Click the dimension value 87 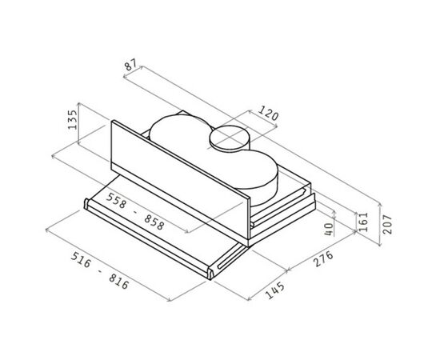tap(130, 65)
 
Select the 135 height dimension tap(72, 120)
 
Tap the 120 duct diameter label tap(268, 113)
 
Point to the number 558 tap(117, 201)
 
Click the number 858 tap(154, 222)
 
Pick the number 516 tap(81, 260)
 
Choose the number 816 tap(119, 282)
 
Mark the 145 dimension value tap(274, 290)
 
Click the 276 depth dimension tap(323, 258)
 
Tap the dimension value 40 tap(329, 230)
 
